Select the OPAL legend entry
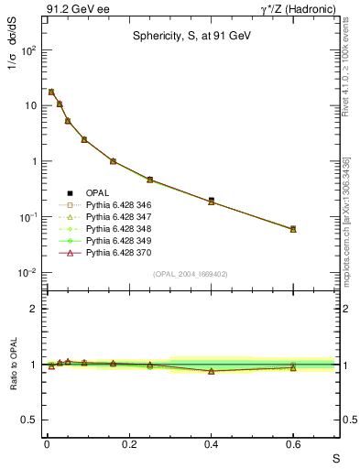(99, 192)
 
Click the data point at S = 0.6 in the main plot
(293, 229)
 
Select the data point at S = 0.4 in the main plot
(212, 201)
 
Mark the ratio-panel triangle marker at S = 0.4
(212, 371)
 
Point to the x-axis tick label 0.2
(129, 445)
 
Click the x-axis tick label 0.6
(293, 445)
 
